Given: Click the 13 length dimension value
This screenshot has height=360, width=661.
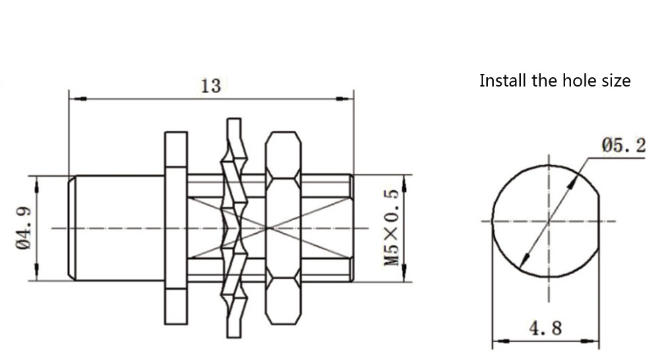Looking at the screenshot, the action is (x=210, y=86).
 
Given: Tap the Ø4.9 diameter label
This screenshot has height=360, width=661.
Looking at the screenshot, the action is (x=24, y=228).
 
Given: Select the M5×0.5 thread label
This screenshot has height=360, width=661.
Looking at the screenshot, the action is (x=391, y=227).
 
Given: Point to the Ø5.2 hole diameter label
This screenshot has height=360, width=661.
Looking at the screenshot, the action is (x=624, y=146).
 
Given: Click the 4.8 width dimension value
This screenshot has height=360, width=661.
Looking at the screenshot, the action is (x=546, y=328).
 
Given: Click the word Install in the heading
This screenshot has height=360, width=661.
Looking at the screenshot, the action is (x=503, y=80).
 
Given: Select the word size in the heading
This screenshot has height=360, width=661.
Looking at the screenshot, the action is (x=616, y=80).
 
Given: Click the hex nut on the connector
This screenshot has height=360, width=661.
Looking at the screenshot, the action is (x=284, y=228).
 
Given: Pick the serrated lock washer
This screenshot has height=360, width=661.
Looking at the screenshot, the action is (x=235, y=228).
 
